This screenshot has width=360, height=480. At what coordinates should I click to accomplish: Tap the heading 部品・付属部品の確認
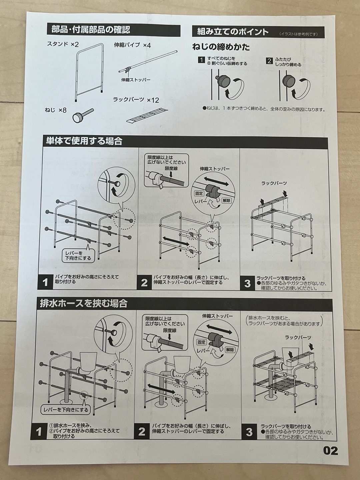(91, 30)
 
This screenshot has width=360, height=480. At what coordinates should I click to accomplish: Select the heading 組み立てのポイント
(233, 32)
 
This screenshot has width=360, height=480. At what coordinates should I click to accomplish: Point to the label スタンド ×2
(63, 44)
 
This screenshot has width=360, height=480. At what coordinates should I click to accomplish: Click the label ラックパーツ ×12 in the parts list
(136, 100)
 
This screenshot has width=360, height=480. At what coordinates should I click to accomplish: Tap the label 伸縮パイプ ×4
(132, 45)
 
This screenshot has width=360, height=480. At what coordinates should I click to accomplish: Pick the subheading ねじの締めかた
(221, 47)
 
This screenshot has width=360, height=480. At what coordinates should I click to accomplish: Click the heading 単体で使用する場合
(84, 141)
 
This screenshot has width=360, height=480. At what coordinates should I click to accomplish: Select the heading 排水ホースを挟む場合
(84, 304)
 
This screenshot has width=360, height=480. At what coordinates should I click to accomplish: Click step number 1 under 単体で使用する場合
(45, 282)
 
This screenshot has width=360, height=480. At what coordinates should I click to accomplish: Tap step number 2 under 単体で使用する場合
(144, 283)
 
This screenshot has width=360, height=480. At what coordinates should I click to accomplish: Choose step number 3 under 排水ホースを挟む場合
(249, 432)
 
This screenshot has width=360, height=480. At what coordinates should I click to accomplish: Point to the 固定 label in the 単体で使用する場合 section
(199, 193)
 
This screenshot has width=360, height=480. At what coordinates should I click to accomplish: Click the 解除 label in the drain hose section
(230, 350)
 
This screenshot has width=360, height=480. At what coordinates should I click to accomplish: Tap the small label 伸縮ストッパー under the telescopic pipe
(136, 80)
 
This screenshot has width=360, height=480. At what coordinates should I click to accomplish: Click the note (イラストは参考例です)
(298, 34)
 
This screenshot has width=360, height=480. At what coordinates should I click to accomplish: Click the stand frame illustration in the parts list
(89, 72)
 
